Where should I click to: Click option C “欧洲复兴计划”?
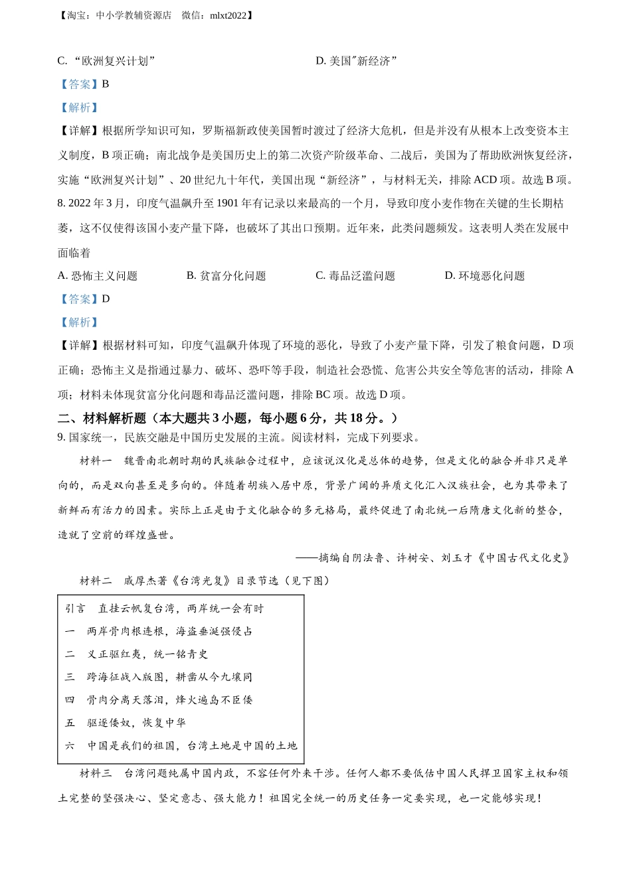(x=106, y=61)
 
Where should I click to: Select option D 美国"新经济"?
(x=356, y=61)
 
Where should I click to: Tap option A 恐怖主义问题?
(x=98, y=276)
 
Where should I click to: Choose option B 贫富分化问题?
(x=226, y=276)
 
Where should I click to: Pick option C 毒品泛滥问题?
(x=355, y=276)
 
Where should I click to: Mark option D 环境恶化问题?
(x=484, y=276)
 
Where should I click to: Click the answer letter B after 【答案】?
(x=106, y=84)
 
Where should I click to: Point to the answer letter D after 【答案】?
(x=106, y=299)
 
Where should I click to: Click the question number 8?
(x=61, y=204)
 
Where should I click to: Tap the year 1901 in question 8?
(x=228, y=204)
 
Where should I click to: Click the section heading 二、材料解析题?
(x=102, y=418)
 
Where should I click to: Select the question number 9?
(x=61, y=438)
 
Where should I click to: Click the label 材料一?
(x=96, y=461)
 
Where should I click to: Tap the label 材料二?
(x=96, y=581)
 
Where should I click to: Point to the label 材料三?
(x=96, y=773)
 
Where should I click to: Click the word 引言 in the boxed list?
(x=75, y=609)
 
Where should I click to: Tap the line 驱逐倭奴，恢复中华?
(x=136, y=723)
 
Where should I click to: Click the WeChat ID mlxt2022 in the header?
(x=228, y=15)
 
